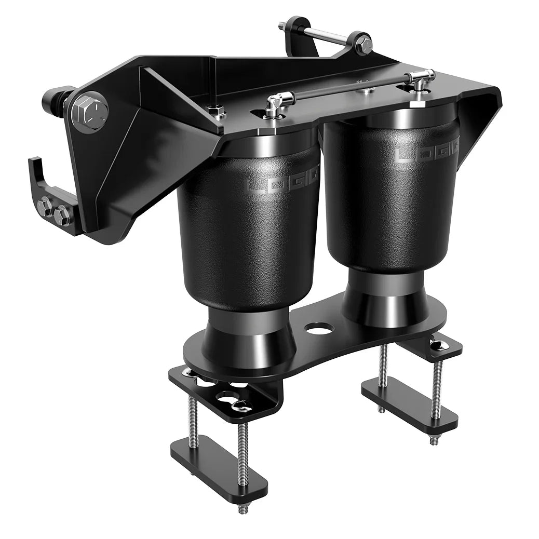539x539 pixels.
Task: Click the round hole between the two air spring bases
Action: pos(319,329)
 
